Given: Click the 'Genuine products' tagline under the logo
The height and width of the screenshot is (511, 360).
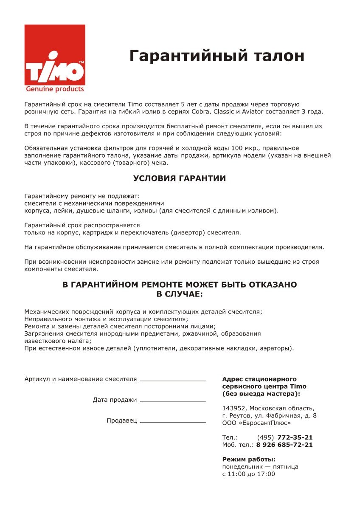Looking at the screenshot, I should (55, 89).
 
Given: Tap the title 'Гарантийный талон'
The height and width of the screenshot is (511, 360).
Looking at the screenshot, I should (217, 56).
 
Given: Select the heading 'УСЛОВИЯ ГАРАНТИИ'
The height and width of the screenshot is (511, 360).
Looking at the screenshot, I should (180, 178).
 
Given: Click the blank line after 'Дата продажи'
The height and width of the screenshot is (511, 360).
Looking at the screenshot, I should (172, 400).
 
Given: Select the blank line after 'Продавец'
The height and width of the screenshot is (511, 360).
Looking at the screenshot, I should (172, 421).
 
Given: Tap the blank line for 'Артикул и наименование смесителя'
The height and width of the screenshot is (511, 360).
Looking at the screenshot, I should (172, 380).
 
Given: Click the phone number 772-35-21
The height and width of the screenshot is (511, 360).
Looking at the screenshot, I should (295, 438).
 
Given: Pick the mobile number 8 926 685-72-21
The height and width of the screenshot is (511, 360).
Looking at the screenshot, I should (284, 445).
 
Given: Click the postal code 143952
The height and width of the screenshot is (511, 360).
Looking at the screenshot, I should (233, 408).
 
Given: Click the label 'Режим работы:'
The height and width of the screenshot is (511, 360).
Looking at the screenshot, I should (249, 459).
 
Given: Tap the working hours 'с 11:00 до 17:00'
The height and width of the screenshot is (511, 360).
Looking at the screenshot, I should (248, 474).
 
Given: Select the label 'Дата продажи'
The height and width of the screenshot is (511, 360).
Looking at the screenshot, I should (115, 400).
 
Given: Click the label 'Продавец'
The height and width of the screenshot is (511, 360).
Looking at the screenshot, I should (121, 421).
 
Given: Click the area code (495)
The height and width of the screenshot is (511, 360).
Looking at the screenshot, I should (265, 438).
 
